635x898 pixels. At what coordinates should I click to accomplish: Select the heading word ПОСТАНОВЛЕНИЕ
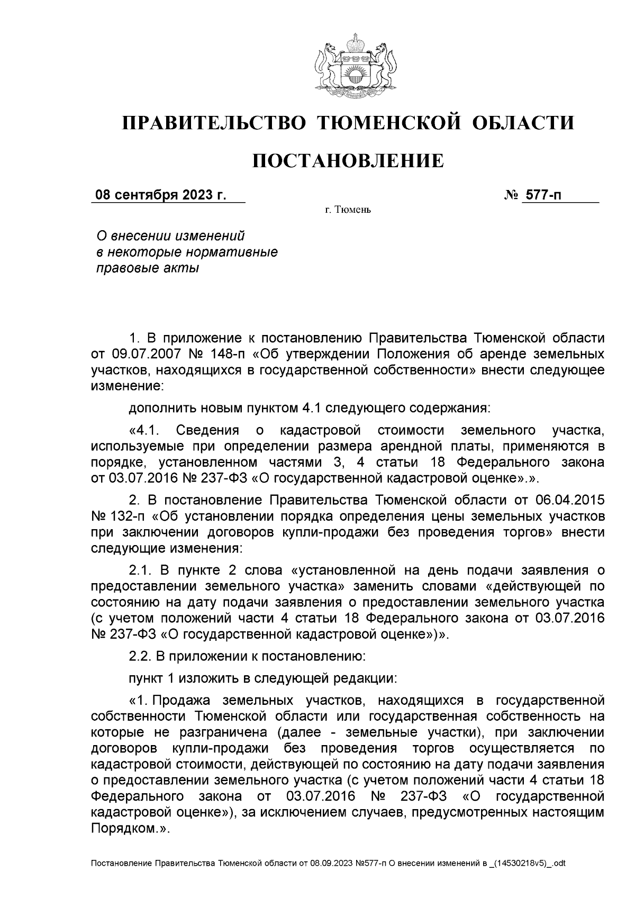(x=347, y=160)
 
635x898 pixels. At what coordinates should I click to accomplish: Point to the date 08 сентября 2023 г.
(x=160, y=195)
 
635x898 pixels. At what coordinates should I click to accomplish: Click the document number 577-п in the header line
(x=543, y=195)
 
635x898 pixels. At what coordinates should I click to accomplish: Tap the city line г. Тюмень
(x=348, y=211)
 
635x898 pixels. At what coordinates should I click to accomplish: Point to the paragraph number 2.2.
(x=140, y=657)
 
